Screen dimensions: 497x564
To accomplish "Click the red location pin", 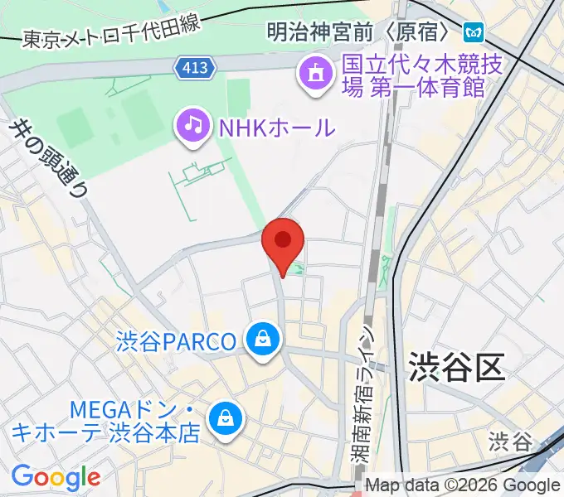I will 283,243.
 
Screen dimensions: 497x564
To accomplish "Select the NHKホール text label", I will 277,128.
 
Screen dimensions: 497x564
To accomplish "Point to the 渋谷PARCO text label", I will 177,340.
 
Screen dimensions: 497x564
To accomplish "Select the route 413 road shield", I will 196,67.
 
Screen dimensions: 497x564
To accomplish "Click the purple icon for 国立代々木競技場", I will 316,75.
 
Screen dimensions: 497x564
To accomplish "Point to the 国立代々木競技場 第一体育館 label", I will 415,75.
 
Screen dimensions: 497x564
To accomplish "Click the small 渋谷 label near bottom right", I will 509,441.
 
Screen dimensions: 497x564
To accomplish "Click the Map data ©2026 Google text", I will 463,485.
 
